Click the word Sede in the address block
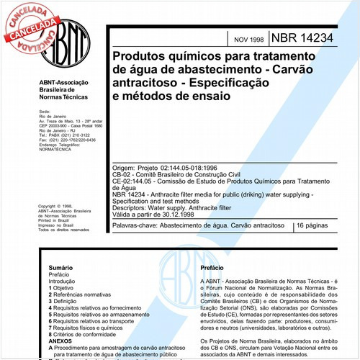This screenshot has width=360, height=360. point(44,112)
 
